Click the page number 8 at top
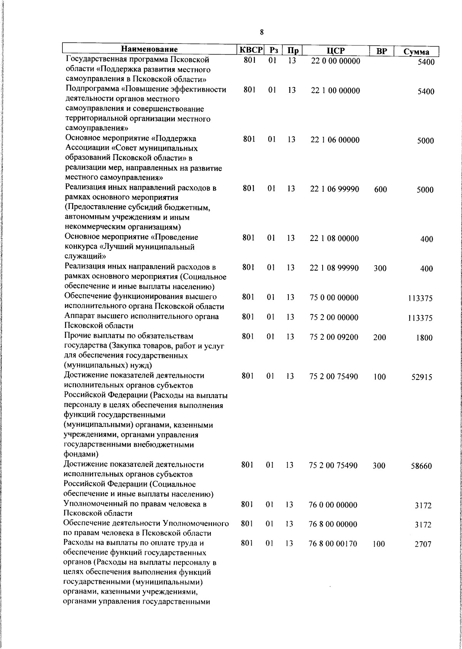coord(262,32)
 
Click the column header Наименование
coord(149,50)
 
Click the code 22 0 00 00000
coord(335,61)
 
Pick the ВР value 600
coord(380,189)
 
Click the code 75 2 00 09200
coord(334,337)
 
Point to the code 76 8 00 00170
coord(333,544)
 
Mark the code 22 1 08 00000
coord(334,238)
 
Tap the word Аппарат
coord(79,316)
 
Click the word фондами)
coord(79,454)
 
